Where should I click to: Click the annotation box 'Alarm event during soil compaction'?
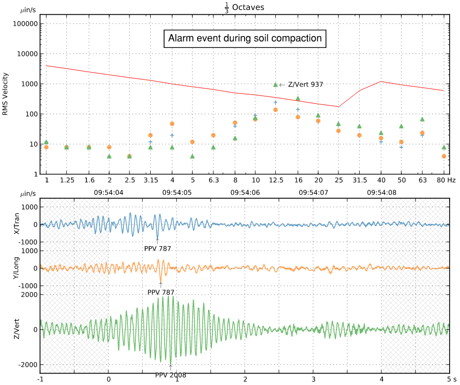tap(245, 39)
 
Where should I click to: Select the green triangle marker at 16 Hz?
tap(297, 98)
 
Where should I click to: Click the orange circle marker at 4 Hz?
tap(172, 124)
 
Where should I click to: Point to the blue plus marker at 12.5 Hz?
tap(276, 102)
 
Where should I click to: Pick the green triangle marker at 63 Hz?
tap(422, 119)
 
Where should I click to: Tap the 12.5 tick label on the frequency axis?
tap(276, 180)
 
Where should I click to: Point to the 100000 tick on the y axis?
tap(25, 24)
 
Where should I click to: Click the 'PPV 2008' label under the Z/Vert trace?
tap(170, 375)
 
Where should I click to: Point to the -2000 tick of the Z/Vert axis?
tap(30, 364)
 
